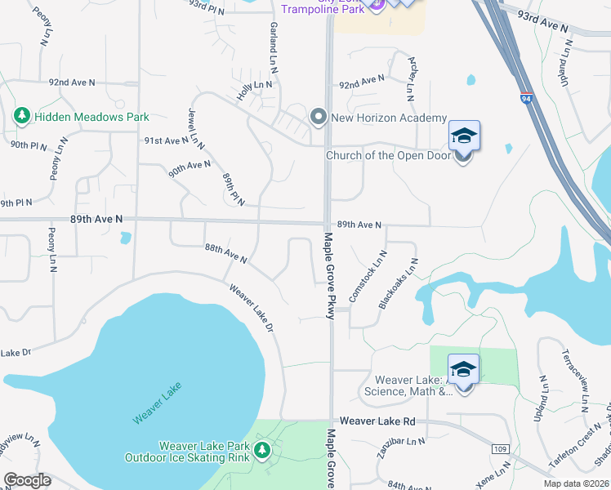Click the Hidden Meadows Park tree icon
coord(23,117)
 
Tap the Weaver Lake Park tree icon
coord(261,450)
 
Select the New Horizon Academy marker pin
coord(319,118)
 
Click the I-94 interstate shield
coord(526,100)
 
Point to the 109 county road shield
coord(501,449)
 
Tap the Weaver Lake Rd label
coord(378,421)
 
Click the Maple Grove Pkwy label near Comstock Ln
coord(330,276)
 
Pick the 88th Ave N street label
coord(225,253)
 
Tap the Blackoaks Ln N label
coord(399,283)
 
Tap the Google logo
coord(27,479)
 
